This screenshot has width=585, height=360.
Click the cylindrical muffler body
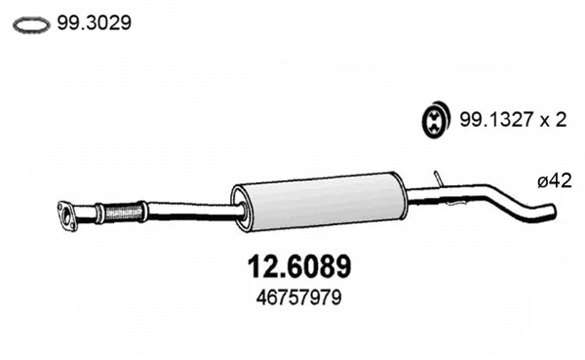tap(317, 202)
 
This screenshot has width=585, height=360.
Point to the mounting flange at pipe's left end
tap(67, 216)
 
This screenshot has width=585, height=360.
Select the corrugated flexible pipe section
tap(123, 210)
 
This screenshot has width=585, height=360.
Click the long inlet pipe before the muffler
tap(190, 211)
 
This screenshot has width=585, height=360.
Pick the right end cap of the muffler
tap(399, 194)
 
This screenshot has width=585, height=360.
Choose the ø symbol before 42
tap(541, 180)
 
